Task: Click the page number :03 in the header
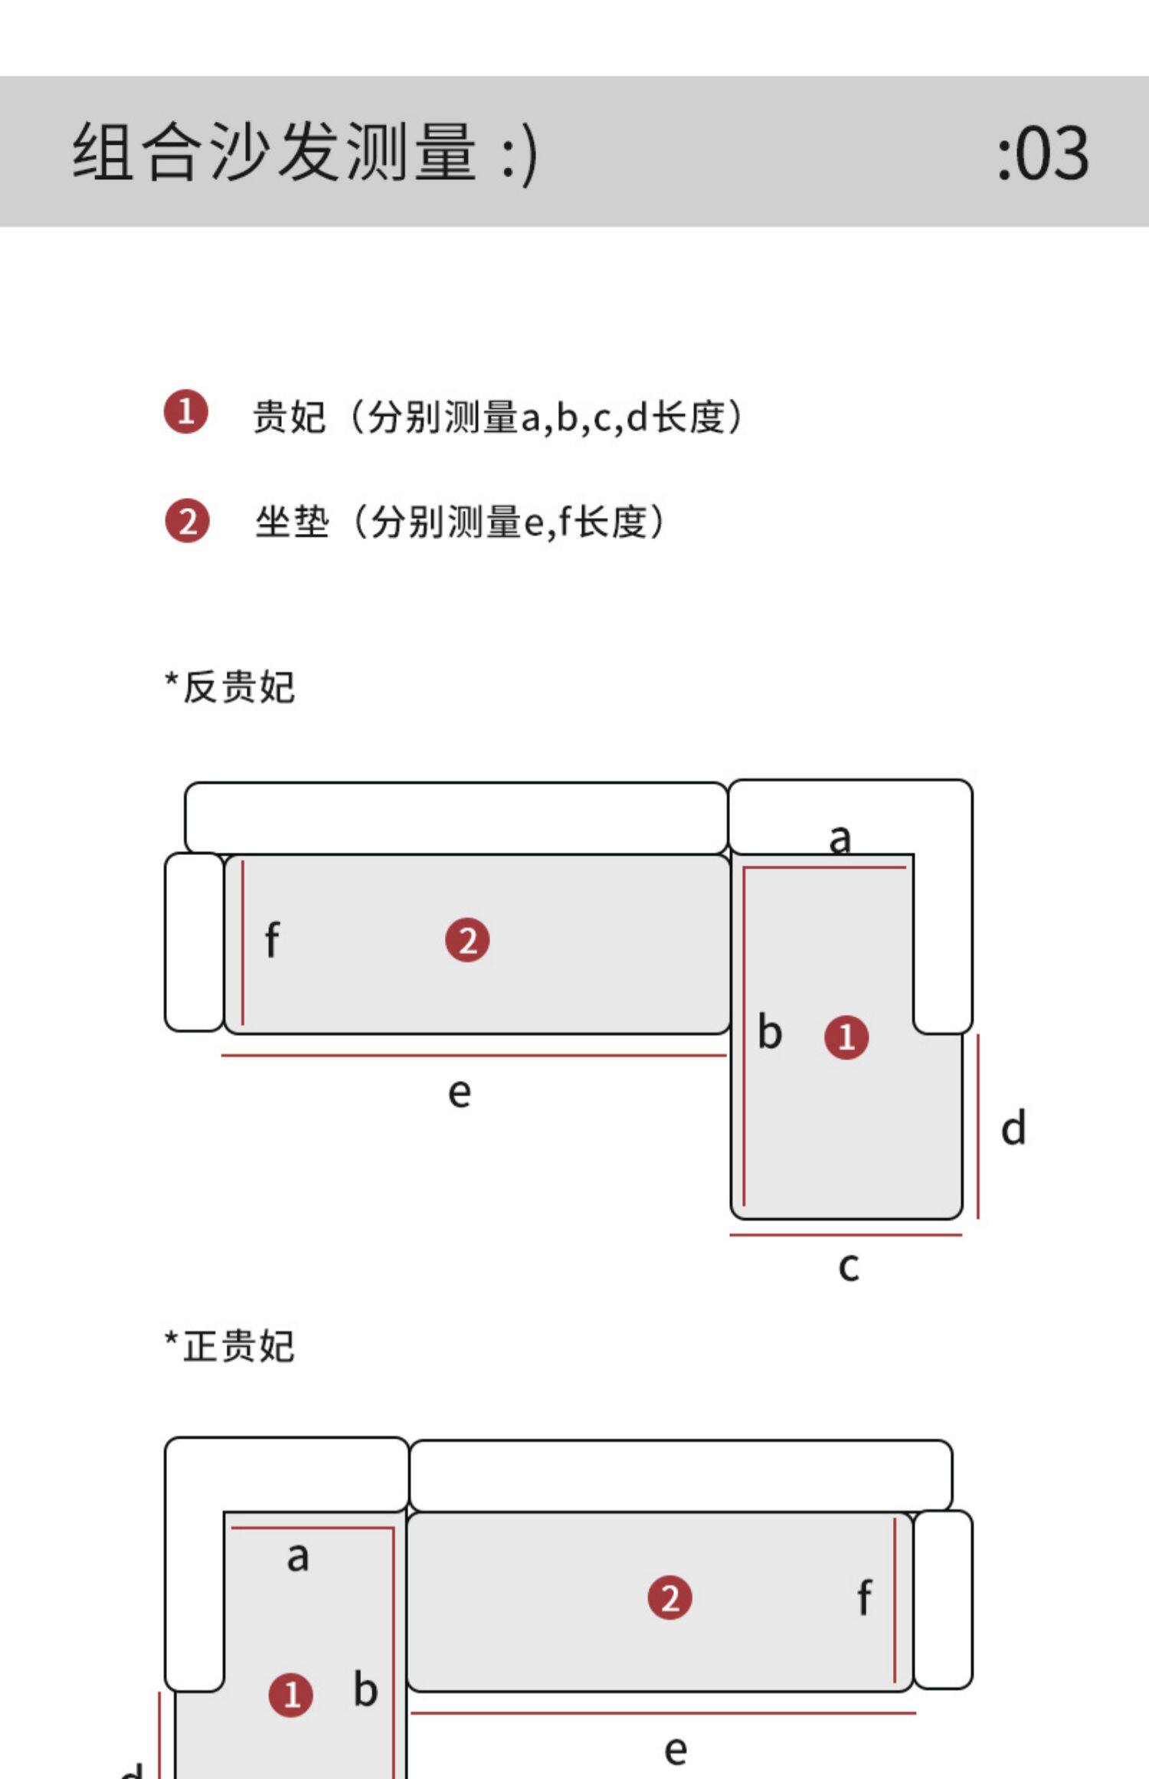tap(1043, 153)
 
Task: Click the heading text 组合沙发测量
tap(276, 152)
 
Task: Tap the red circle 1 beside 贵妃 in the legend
tap(185, 412)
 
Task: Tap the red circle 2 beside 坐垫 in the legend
tap(187, 521)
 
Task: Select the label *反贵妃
tap(230, 686)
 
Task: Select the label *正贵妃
tap(230, 1346)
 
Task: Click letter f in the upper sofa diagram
tap(272, 940)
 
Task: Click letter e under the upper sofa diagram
tap(460, 1093)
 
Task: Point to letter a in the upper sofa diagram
tap(840, 838)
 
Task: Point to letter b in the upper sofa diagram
tap(770, 1032)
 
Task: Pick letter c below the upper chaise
tap(848, 1266)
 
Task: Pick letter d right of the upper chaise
tap(1013, 1129)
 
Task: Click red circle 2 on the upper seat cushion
tap(467, 940)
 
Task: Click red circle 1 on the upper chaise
tap(846, 1037)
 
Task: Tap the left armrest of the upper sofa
tap(195, 942)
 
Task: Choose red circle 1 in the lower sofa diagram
tap(290, 1694)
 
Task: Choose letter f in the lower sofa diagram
tap(864, 1597)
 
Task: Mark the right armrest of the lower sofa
tap(943, 1599)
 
